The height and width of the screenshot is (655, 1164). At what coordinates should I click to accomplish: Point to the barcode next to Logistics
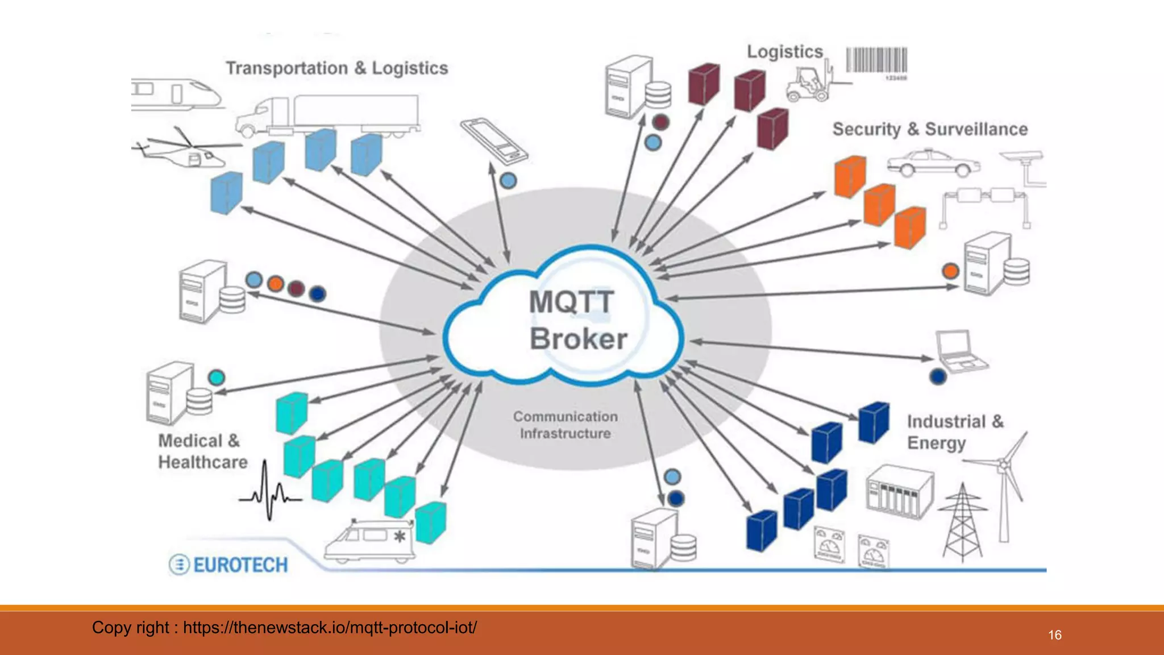click(876, 61)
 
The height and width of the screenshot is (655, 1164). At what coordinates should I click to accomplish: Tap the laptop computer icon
click(961, 351)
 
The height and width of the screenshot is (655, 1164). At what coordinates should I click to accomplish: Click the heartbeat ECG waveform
click(269, 492)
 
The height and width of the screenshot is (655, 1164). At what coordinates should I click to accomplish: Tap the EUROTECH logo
click(229, 565)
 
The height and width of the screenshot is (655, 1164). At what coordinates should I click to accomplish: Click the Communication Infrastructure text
click(565, 425)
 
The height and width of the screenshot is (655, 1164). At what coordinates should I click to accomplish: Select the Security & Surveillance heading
click(930, 129)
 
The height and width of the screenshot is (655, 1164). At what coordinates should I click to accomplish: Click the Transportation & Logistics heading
click(337, 68)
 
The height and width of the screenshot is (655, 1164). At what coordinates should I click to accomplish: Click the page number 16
click(1054, 635)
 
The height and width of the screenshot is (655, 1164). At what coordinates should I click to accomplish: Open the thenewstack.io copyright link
click(330, 628)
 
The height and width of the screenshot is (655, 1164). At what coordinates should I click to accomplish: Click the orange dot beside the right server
click(950, 271)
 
